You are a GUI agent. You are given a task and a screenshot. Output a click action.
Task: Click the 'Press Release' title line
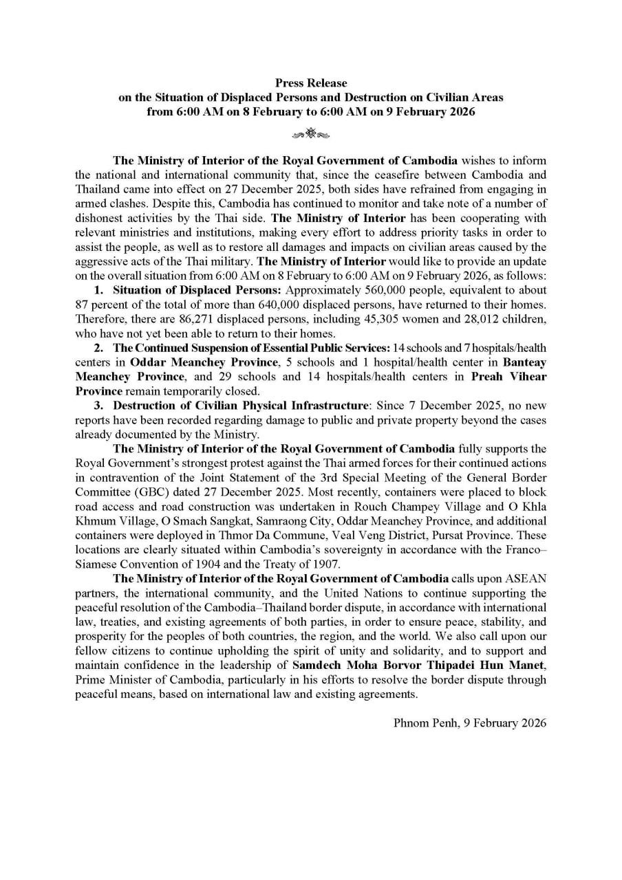pyautogui.click(x=311, y=83)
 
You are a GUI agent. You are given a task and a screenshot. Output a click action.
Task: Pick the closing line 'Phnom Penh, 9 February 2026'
pyautogui.click(x=470, y=723)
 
